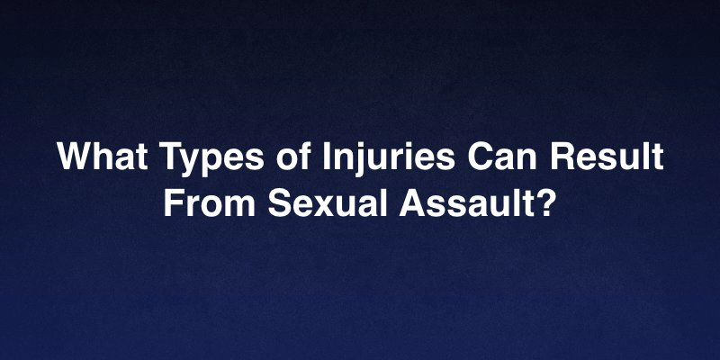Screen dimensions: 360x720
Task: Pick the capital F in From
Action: click(x=173, y=201)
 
